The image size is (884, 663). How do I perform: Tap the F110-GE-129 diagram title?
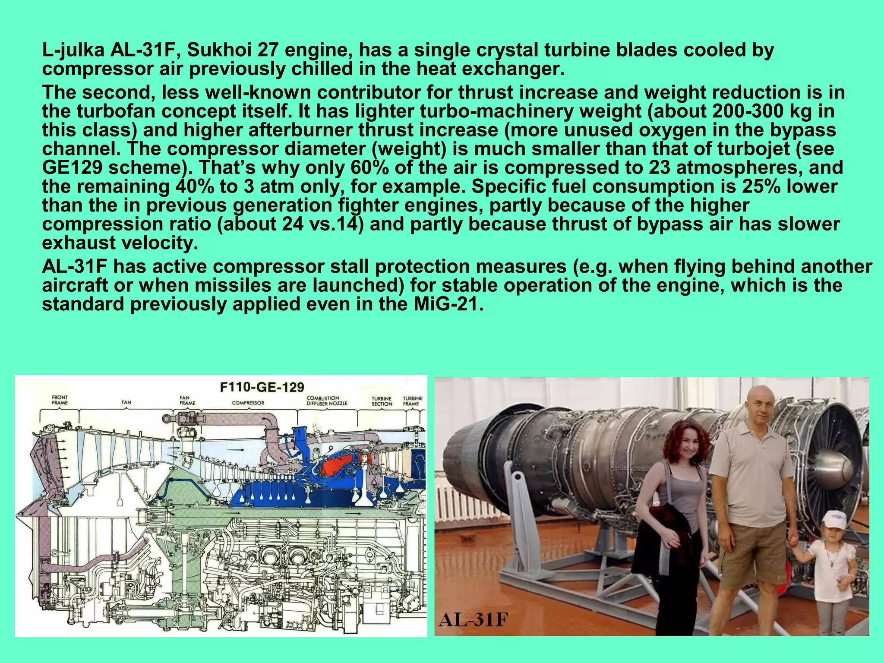tap(262, 386)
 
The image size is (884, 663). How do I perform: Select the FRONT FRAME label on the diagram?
tap(60, 400)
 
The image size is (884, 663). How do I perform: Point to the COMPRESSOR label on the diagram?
tap(248, 403)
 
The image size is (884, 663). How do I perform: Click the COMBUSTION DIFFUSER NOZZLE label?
tap(326, 401)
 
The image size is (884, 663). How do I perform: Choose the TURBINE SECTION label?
tap(382, 401)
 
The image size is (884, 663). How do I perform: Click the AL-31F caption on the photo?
tap(473, 620)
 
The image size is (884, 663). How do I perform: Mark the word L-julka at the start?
tap(73, 51)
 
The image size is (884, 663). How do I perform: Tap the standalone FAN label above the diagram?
tap(126, 402)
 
